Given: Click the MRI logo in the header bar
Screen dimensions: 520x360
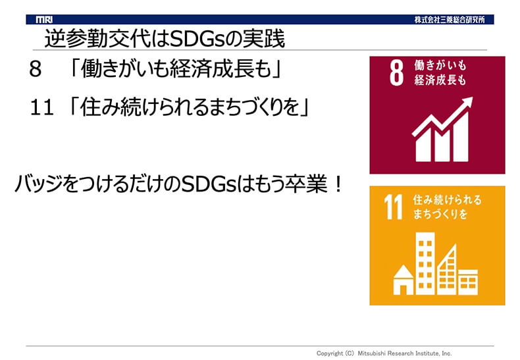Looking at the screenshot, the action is (44, 20).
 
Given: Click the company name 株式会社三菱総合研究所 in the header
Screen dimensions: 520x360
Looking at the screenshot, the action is (450, 20).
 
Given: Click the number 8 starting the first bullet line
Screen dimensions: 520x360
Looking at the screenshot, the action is (36, 69).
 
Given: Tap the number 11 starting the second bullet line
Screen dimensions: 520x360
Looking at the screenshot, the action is (41, 108).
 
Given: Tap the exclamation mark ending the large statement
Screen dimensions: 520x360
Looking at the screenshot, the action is (338, 184).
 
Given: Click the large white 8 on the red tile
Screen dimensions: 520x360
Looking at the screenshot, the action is (396, 72).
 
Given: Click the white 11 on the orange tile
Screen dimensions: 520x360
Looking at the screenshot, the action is (394, 207).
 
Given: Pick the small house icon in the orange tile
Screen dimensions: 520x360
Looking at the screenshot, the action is (403, 280).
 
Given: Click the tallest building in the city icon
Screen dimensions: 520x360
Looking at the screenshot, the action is (425, 263).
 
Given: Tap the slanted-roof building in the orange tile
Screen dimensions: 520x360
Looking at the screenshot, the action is (447, 270).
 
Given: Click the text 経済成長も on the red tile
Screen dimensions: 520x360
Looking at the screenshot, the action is (440, 80).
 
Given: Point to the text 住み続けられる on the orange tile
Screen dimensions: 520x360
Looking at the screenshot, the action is (447, 200).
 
